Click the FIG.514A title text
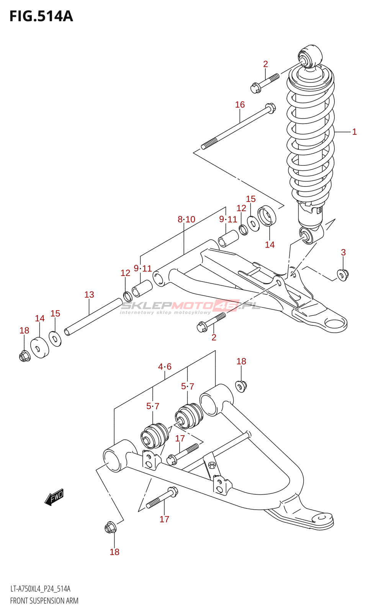41,17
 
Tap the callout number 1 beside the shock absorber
355,132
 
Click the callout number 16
240,104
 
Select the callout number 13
89,295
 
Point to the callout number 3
343,252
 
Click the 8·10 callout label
186,219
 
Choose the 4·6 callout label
165,366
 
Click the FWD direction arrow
54,497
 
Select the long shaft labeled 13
93,317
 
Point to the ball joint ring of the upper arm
336,325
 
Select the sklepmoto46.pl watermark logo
190,306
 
